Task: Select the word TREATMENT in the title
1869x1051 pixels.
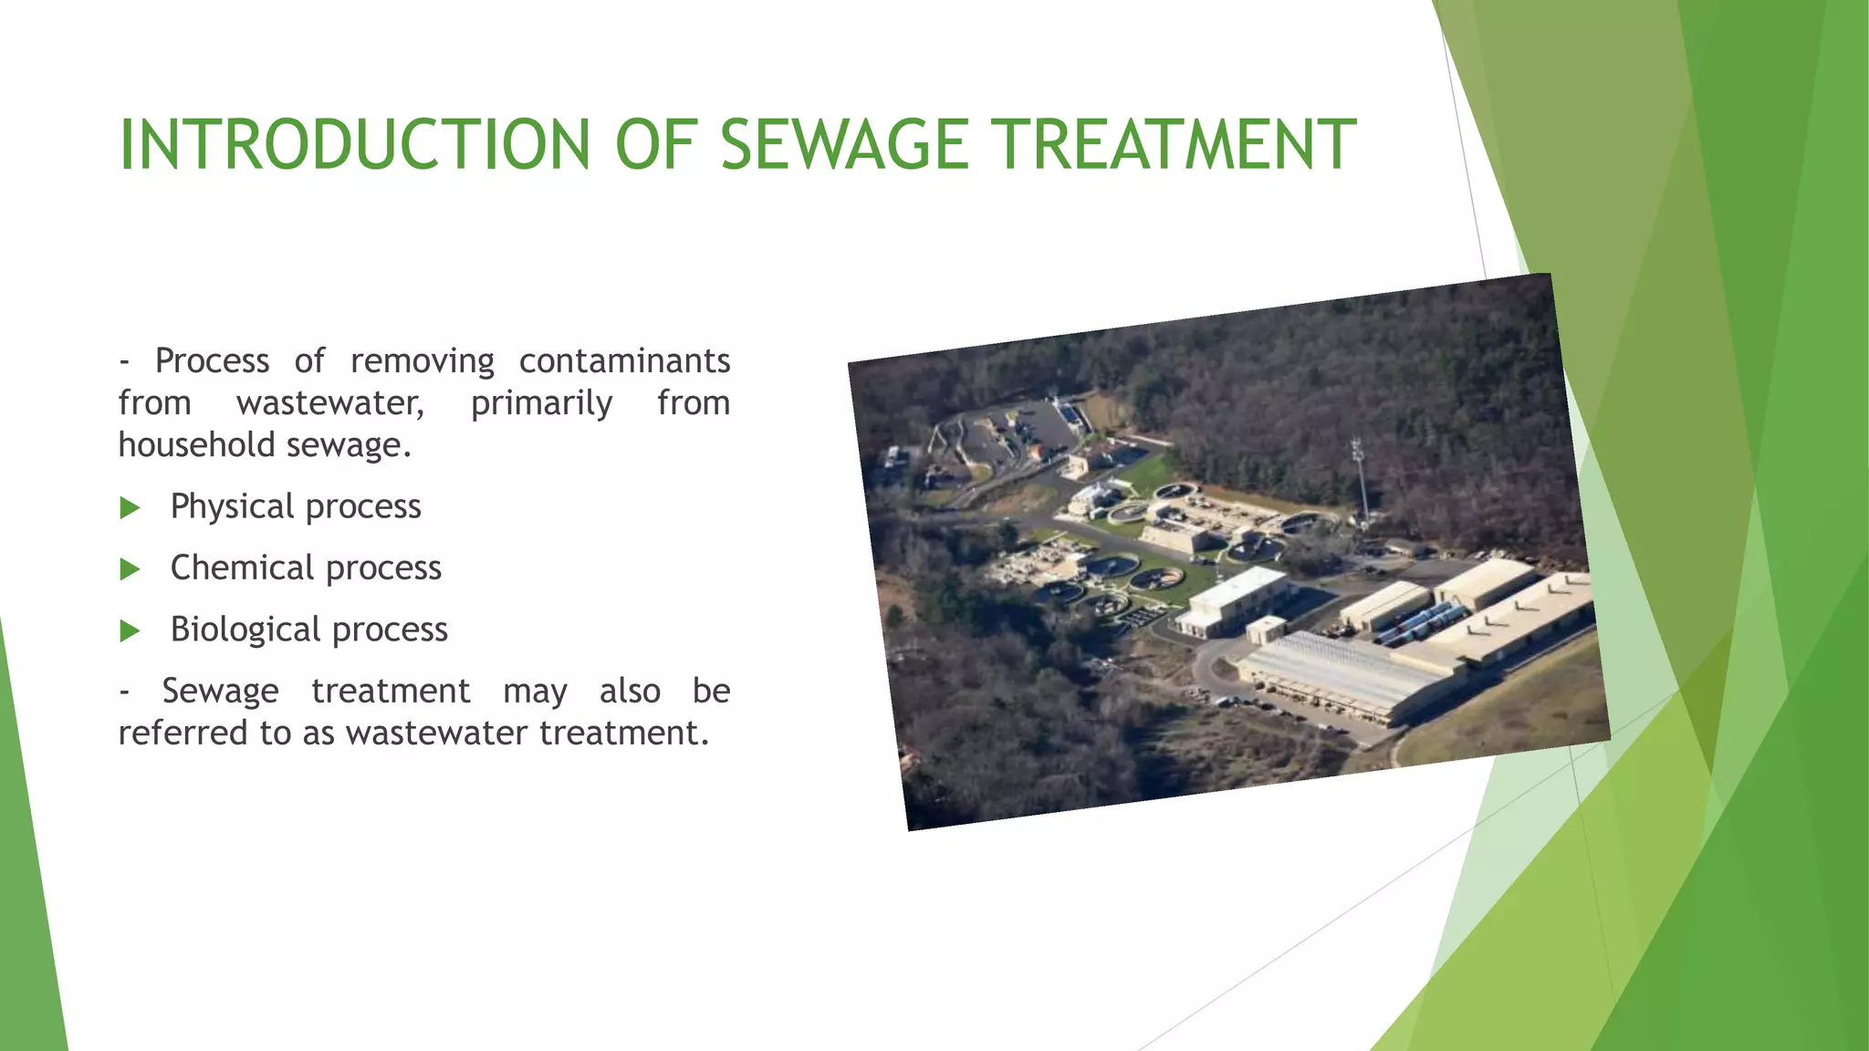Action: click(x=1175, y=145)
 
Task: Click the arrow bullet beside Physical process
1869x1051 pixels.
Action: click(x=131, y=508)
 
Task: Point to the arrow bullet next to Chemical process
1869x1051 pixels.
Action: click(x=131, y=570)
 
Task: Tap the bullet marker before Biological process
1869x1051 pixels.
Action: click(x=131, y=631)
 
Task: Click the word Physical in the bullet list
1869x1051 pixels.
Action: click(x=232, y=506)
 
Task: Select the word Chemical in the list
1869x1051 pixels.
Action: click(x=242, y=567)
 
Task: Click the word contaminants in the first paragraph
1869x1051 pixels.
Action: click(x=624, y=361)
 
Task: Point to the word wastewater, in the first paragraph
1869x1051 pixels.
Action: click(x=330, y=403)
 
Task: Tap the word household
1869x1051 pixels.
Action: click(x=196, y=445)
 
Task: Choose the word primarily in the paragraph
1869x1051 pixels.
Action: click(x=541, y=403)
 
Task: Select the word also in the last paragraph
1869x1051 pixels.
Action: click(x=630, y=692)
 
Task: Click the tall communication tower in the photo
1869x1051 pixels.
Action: click(x=1360, y=479)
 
